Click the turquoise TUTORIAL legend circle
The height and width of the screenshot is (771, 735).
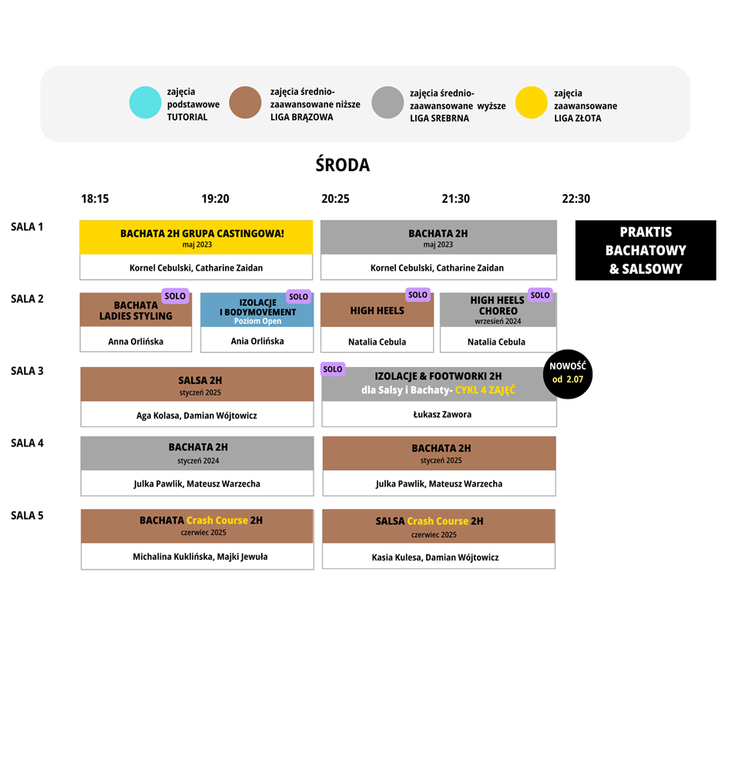[x=145, y=103]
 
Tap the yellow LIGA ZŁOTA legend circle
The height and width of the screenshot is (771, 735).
[x=531, y=103]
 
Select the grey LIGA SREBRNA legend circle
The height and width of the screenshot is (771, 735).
[x=388, y=103]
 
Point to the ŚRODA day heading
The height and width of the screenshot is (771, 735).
[x=342, y=165]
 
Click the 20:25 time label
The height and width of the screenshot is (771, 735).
[x=336, y=199]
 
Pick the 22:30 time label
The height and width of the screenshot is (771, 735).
[x=576, y=199]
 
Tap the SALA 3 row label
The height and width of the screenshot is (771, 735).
[x=27, y=371]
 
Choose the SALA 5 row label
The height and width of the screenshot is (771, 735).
[x=27, y=515]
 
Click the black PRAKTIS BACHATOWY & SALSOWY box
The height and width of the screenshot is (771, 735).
[x=646, y=251]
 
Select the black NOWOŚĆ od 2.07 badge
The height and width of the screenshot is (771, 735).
[x=568, y=374]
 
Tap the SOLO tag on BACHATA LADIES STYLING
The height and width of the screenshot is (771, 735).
[x=175, y=296]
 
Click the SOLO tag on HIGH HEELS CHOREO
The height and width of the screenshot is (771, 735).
[x=540, y=295]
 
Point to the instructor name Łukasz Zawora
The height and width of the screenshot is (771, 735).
[x=442, y=415]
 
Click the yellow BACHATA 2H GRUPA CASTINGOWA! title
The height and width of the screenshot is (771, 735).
[x=202, y=234]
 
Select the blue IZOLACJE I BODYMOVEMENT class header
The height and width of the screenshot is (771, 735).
[x=257, y=310]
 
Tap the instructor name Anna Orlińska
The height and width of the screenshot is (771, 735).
[x=136, y=342]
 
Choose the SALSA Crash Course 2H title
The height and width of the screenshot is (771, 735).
[x=429, y=521]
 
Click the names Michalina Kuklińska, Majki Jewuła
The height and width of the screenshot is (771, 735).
[x=200, y=557]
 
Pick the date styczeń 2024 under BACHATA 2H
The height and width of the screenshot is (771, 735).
[x=198, y=461]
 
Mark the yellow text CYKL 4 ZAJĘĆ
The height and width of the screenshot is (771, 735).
[x=485, y=390]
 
